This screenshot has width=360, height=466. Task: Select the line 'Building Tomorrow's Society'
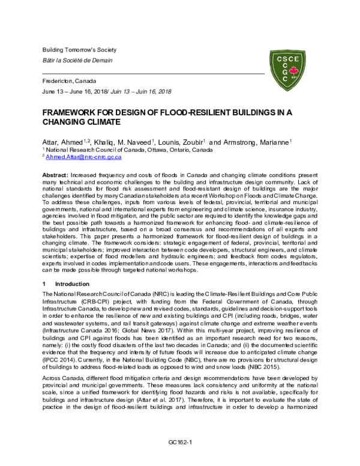pos(79,49)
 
